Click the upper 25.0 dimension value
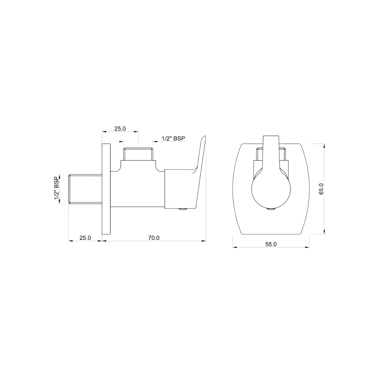pyautogui.click(x=120, y=128)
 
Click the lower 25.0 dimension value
pyautogui.click(x=85, y=238)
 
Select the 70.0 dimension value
pyautogui.click(x=153, y=238)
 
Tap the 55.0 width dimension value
pyautogui.click(x=271, y=244)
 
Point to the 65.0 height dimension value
pyautogui.click(x=321, y=188)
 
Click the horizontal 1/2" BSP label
pyautogui.click(x=174, y=138)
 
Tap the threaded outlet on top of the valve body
pyautogui.click(x=138, y=154)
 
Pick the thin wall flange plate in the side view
pyautogui.click(x=106, y=189)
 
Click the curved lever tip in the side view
pyautogui.click(x=203, y=141)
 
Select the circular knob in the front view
pyautogui.click(x=271, y=191)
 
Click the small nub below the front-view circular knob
pyautogui.click(x=271, y=209)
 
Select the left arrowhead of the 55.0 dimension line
pyautogui.click(x=235, y=247)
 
